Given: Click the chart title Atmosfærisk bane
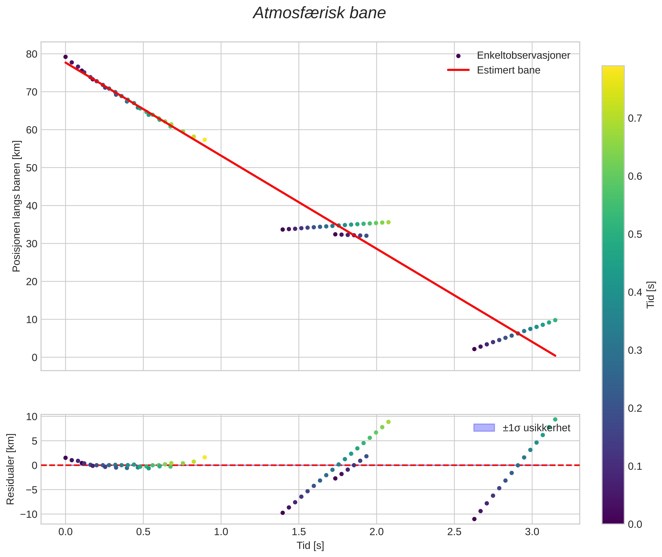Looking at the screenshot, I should (x=319, y=13).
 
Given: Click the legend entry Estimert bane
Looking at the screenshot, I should (x=508, y=70).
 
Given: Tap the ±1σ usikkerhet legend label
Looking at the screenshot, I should (x=536, y=428).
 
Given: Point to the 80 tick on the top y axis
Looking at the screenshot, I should (x=31, y=54).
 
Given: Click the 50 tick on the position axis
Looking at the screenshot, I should (x=31, y=168).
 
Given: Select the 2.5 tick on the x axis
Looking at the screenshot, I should (x=454, y=532).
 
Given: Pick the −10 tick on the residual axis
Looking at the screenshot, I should (x=29, y=514).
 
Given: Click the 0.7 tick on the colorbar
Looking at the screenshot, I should (x=635, y=118).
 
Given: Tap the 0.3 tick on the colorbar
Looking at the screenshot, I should (x=635, y=350).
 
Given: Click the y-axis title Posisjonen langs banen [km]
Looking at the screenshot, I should (x=16, y=206).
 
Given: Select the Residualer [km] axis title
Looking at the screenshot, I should (x=10, y=469).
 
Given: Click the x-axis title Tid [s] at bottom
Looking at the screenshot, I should (x=310, y=546).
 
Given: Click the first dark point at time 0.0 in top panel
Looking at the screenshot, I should (x=66, y=57).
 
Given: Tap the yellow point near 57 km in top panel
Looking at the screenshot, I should (x=205, y=140).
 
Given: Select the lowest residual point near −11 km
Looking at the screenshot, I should (x=474, y=519).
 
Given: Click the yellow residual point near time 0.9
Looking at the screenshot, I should (x=205, y=458).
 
